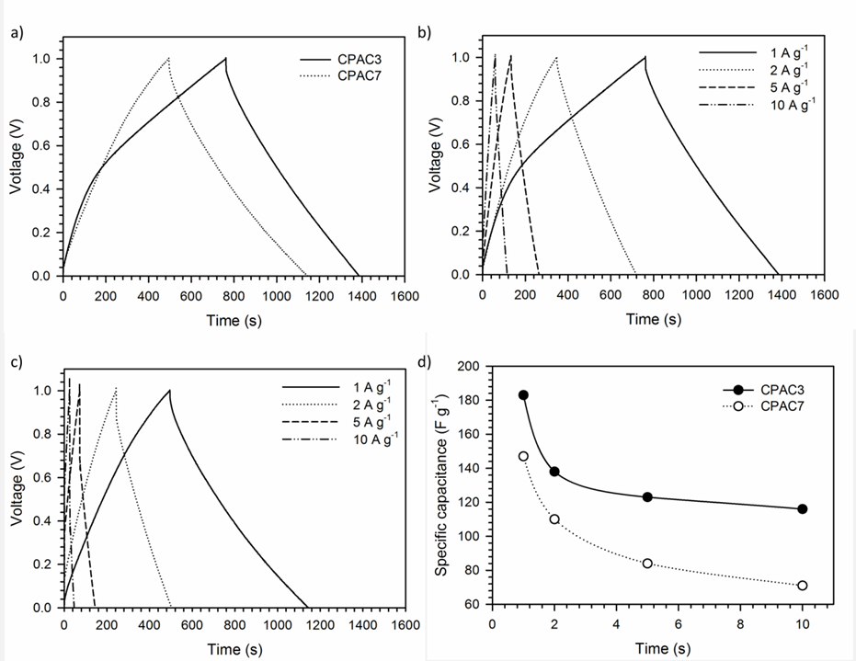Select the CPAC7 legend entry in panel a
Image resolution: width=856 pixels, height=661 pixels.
pos(340,75)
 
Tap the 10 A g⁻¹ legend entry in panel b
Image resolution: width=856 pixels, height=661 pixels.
pos(758,104)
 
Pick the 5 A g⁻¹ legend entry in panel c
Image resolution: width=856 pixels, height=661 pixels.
pos(337,421)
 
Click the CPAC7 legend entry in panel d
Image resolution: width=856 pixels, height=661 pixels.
pos(764,406)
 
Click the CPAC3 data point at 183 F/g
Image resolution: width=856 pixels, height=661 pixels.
pos(523,394)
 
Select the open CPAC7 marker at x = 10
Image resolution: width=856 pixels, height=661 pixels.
pos(802,585)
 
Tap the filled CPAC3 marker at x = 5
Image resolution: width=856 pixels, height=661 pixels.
pos(647,496)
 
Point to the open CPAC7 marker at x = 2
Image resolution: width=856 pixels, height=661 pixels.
pos(554,519)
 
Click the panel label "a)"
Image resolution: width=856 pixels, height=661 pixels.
pos(17,33)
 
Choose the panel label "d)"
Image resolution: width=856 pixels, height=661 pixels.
pos(424,361)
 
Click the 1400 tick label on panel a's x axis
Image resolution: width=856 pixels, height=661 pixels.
pos(362,296)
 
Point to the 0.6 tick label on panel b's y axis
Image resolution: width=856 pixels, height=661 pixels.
pos(462,144)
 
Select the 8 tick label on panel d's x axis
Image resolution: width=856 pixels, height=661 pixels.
pos(740,624)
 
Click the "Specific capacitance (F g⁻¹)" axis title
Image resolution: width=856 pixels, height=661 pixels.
pos(441,485)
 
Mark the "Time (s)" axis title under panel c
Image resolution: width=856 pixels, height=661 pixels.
pos(234,649)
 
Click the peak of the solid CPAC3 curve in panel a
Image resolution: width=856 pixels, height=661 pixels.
pos(225,58)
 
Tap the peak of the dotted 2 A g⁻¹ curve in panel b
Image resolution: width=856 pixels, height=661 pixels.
pos(556,57)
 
